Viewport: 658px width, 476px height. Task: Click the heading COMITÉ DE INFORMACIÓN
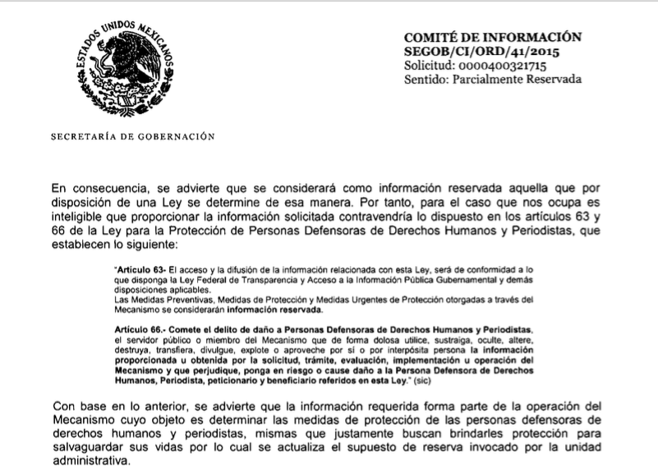click(x=493, y=37)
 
